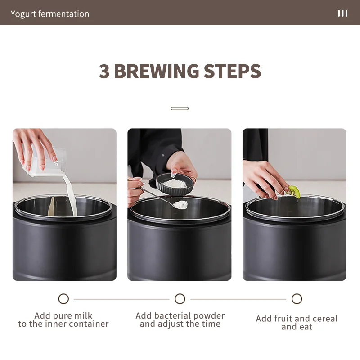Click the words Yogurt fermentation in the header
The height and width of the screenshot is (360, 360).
[50, 14]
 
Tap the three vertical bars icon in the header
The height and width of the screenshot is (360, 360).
[342, 13]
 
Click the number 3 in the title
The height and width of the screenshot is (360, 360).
[104, 71]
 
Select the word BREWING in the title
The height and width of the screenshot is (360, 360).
[156, 71]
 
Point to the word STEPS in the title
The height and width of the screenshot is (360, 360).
[232, 71]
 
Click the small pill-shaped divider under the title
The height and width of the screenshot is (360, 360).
[180, 108]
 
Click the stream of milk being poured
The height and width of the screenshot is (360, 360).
[71, 195]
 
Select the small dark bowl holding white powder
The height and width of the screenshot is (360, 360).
[175, 184]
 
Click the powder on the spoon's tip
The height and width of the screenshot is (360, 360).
[180, 205]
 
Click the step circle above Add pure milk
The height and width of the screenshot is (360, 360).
[63, 299]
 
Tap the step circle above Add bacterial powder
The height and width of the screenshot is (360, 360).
[180, 299]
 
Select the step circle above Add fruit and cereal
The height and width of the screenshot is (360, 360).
[297, 299]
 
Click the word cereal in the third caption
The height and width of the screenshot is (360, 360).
[325, 319]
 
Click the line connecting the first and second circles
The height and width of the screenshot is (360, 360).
[121, 299]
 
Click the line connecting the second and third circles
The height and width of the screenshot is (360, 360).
[238, 299]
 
